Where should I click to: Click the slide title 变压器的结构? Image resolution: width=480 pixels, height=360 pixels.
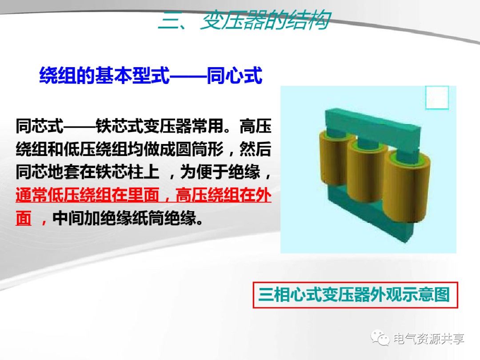(x=264, y=20)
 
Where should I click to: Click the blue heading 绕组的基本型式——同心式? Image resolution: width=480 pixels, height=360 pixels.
(x=151, y=76)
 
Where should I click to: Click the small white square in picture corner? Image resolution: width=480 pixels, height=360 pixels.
(x=436, y=98)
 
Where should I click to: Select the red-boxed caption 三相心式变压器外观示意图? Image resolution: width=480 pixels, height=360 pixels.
(x=354, y=295)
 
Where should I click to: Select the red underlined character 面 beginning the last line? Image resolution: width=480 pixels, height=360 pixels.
(x=24, y=219)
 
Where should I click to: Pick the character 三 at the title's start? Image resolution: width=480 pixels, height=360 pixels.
(x=168, y=20)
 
